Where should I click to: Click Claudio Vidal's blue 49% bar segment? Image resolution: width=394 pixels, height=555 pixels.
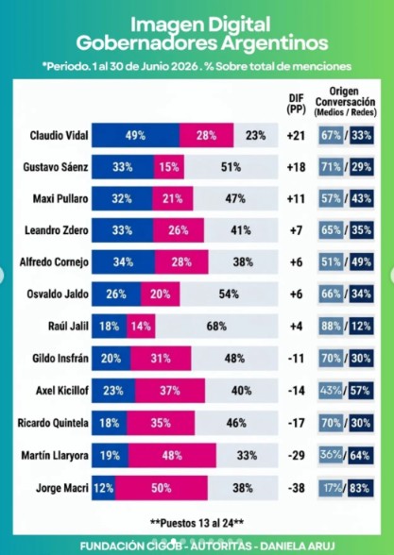(135, 135)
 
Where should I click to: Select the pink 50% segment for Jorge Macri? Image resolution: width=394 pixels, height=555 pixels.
(162, 488)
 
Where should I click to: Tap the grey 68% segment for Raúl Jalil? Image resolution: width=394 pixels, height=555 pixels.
(216, 326)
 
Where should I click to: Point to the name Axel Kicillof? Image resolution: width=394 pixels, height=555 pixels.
(62, 391)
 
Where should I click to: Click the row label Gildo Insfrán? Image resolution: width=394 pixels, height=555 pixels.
(60, 359)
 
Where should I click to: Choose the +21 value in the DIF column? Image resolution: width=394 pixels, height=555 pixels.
(297, 135)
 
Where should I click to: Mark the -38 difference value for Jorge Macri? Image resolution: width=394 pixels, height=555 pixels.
(297, 488)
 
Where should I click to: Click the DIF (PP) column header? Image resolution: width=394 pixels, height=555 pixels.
(297, 104)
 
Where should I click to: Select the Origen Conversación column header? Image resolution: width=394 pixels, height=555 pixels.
(346, 102)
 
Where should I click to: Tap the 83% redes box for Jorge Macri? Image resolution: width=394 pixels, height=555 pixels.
(360, 488)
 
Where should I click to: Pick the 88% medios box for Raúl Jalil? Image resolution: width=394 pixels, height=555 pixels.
(331, 326)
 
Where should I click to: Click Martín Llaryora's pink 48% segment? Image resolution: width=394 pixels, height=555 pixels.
(172, 455)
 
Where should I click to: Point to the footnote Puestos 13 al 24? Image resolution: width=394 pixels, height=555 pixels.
(197, 523)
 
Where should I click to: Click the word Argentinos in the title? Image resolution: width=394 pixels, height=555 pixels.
(275, 43)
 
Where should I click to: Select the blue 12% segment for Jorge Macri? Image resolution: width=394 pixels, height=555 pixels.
(104, 488)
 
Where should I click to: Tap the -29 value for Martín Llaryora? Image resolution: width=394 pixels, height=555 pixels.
(297, 455)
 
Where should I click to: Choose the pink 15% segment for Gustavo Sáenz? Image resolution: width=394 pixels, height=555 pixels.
(168, 167)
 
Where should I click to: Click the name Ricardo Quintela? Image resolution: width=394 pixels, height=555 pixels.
(53, 423)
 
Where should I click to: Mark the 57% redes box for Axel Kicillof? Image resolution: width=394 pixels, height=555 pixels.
(360, 391)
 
